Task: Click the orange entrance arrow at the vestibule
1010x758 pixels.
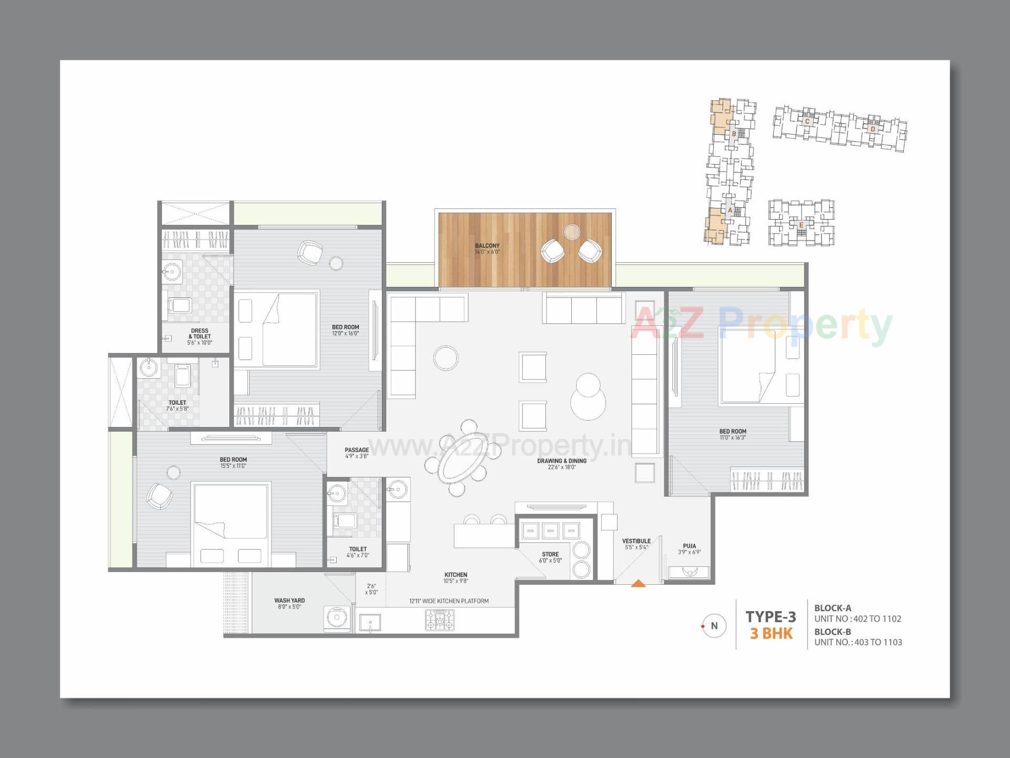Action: (x=638, y=583)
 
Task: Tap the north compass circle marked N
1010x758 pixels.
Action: (x=714, y=626)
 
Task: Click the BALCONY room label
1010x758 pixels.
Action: (x=487, y=246)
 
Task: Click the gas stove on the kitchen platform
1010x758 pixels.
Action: (x=439, y=620)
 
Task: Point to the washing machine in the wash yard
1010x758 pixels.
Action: (x=337, y=620)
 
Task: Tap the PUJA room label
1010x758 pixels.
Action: (x=689, y=546)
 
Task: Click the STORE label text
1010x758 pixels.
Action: (x=550, y=554)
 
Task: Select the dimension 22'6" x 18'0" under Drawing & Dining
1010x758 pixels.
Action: (x=562, y=467)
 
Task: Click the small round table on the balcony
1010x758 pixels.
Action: (x=572, y=232)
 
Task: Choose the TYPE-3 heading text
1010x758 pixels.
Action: (x=771, y=616)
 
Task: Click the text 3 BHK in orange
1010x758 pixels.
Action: (x=771, y=633)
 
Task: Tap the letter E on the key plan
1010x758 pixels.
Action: (x=801, y=225)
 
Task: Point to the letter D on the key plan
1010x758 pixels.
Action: (x=873, y=129)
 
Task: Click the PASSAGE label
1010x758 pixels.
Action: (x=357, y=450)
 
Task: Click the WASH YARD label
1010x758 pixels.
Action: (x=289, y=601)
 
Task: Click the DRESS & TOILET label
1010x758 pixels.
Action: (x=200, y=334)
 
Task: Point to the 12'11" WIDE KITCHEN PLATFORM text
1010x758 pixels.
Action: (x=449, y=601)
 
